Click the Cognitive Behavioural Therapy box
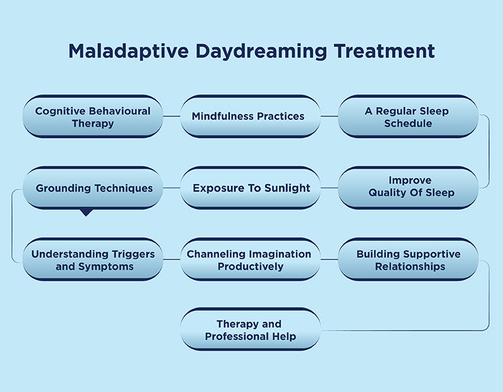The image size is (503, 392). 93,117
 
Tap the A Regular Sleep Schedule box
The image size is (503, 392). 408,117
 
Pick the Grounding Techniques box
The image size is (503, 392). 93,188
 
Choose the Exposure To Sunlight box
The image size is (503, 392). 250,188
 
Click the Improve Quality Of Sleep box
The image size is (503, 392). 408,187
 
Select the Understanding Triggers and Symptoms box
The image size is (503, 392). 93,260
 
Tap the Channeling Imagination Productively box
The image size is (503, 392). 250,260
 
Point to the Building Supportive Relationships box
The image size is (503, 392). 408,260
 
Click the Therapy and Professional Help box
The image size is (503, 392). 250,330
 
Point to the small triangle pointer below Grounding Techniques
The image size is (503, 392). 86,212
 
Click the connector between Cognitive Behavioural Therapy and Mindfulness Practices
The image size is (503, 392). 171,116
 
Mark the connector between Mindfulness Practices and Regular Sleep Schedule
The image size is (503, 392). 329,116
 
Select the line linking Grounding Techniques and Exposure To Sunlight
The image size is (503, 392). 171,188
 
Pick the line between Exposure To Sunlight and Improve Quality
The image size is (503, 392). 329,188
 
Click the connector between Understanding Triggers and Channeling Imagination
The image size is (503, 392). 171,259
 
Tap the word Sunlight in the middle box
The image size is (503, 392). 282,188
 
